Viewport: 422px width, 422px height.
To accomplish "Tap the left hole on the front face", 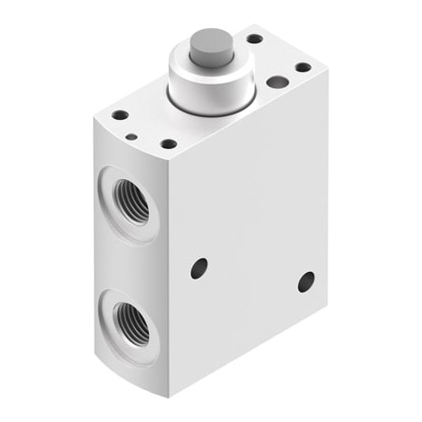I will coord(199,268).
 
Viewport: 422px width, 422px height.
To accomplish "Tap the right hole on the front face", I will coord(306,281).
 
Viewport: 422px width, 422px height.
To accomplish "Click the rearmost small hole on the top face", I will coord(254,39).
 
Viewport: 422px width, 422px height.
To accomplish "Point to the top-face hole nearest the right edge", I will coord(302,67).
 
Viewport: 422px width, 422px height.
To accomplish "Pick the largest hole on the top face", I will coord(277,82).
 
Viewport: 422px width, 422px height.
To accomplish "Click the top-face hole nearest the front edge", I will coord(168,144).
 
